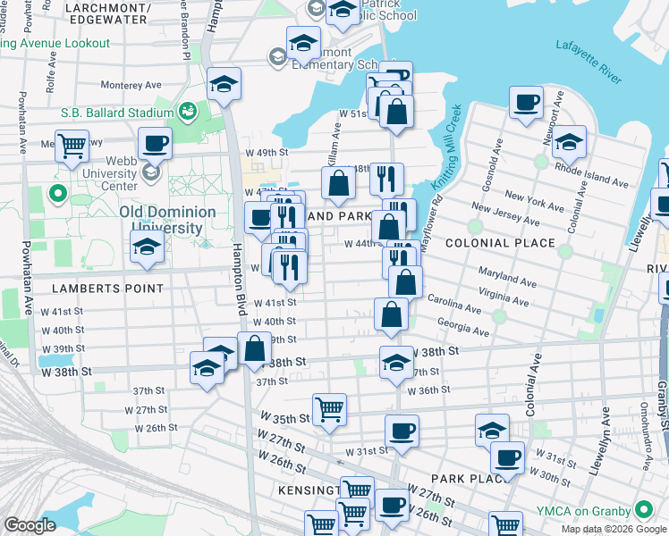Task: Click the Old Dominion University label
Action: point(167,220)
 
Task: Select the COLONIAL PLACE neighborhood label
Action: point(501,243)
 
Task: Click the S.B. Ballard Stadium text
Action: point(117,113)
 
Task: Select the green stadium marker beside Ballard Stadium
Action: point(188,113)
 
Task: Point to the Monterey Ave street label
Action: point(131,86)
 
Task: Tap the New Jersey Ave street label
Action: point(504,214)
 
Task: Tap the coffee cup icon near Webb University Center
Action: point(156,142)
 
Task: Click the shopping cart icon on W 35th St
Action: point(330,408)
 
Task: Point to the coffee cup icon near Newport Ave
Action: point(527,101)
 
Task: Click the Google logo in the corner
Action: point(30,526)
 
